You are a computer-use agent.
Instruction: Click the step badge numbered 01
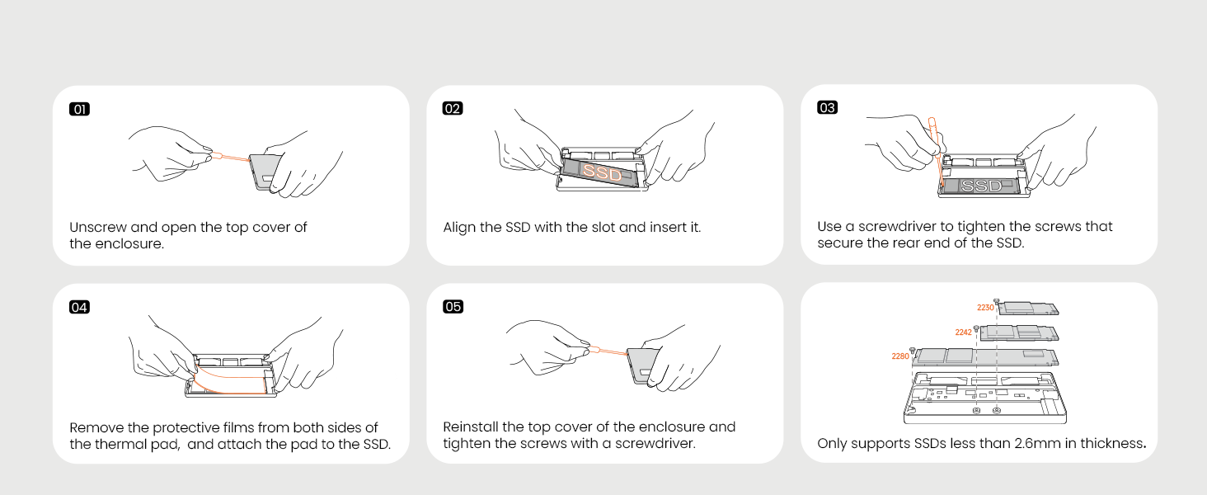click(79, 110)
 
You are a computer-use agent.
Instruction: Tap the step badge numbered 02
click(453, 108)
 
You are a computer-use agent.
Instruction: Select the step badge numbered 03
click(827, 108)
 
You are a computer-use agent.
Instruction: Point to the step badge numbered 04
click(79, 308)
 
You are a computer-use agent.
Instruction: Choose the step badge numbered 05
click(453, 307)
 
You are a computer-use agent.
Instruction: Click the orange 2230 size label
click(985, 308)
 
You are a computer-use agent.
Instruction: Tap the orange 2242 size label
click(964, 332)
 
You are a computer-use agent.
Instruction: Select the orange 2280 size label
click(900, 356)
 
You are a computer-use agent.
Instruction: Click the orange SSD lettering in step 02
click(602, 172)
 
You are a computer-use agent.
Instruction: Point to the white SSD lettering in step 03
click(981, 186)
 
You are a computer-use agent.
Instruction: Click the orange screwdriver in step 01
click(230, 157)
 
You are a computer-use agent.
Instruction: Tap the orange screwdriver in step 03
click(937, 152)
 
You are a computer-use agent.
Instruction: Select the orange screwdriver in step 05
click(608, 351)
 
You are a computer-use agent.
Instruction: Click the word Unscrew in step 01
click(97, 228)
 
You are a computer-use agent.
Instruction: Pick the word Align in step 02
click(459, 227)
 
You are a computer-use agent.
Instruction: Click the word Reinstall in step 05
click(471, 427)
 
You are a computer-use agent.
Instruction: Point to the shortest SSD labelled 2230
click(1028, 309)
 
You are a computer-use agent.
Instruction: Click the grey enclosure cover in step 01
click(265, 172)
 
